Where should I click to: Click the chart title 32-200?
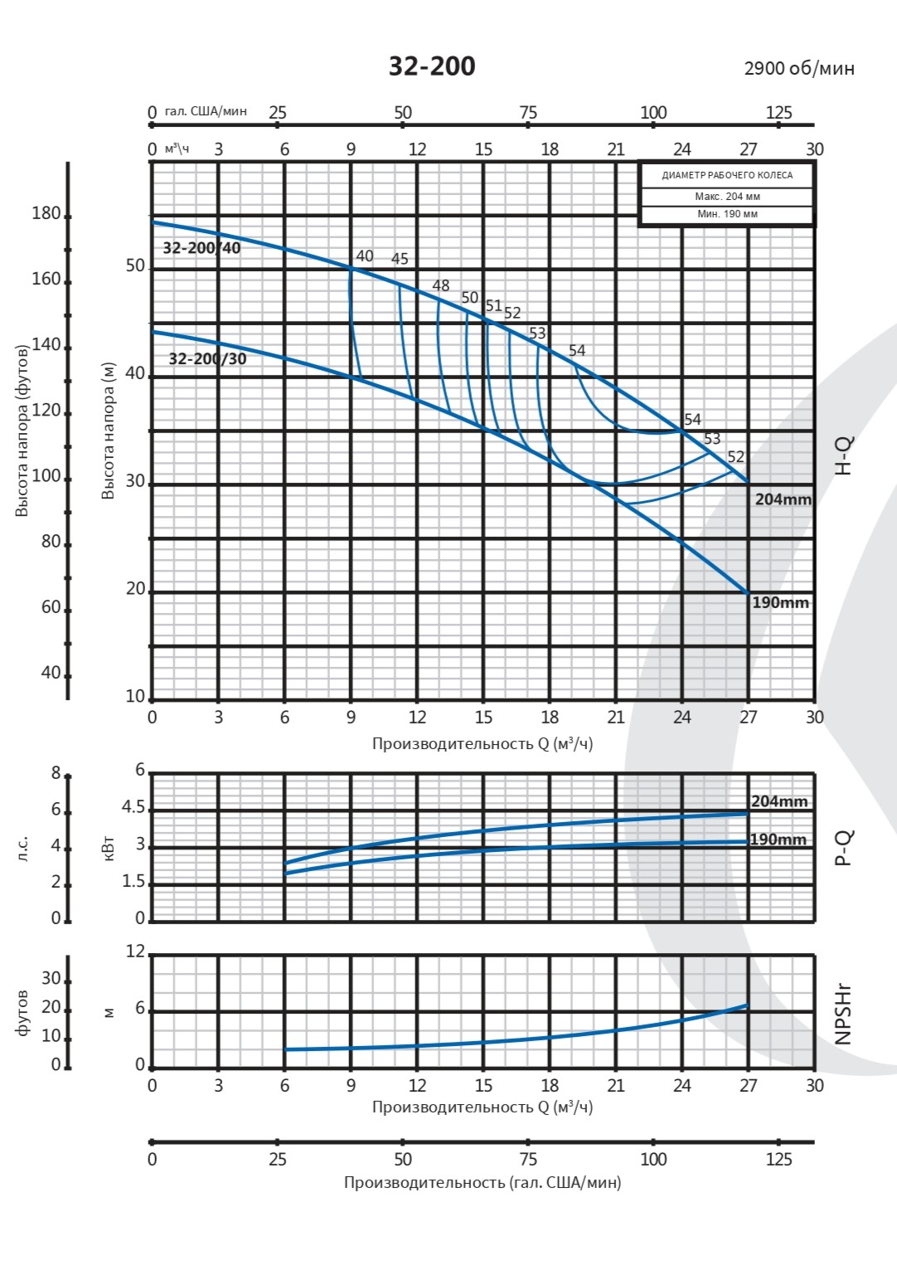click(x=432, y=66)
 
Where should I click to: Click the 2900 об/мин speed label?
click(x=798, y=68)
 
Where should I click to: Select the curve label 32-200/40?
click(x=201, y=248)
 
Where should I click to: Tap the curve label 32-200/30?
click(x=207, y=359)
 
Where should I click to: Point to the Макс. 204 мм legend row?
click(x=727, y=197)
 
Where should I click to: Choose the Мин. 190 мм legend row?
click(x=727, y=214)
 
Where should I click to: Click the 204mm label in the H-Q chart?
click(x=783, y=499)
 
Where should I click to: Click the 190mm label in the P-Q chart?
click(x=778, y=839)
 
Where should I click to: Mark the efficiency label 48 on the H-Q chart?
click(x=441, y=286)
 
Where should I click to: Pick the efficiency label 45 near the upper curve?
click(x=400, y=259)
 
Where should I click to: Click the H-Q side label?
click(x=842, y=455)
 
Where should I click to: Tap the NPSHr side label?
click(x=842, y=1014)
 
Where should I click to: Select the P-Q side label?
click(x=842, y=848)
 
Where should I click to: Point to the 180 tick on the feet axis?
click(x=46, y=213)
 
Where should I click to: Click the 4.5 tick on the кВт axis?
click(x=133, y=808)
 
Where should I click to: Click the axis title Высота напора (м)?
click(x=109, y=431)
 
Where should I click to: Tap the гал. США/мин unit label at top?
click(x=206, y=111)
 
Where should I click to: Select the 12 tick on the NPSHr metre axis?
click(x=135, y=951)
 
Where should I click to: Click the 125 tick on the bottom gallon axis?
click(x=778, y=1159)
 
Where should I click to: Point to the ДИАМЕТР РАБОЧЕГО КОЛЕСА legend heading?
click(x=727, y=175)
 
